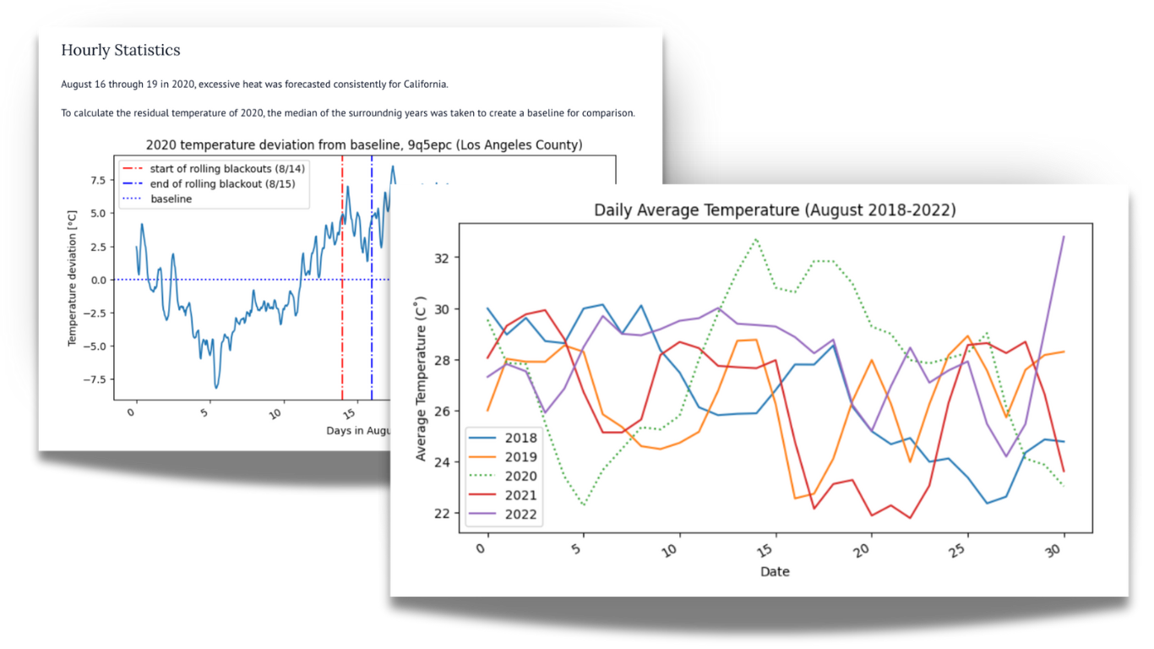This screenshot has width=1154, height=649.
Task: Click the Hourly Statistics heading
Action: tap(120, 51)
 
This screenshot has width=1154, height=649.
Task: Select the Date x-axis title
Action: tap(775, 571)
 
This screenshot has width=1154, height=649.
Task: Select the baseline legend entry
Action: tap(171, 199)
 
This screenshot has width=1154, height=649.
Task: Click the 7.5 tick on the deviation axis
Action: tap(98, 180)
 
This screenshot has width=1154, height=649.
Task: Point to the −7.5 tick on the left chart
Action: tap(95, 379)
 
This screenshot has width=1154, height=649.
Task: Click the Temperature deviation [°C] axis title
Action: tap(73, 280)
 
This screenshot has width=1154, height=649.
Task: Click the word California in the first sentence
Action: tap(422, 85)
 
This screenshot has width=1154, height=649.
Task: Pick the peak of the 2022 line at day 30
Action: tap(1063, 237)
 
